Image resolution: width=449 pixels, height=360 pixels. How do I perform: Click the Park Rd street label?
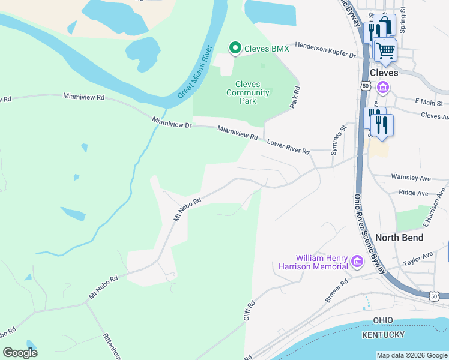click(295, 97)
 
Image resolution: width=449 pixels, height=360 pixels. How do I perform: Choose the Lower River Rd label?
click(288, 148)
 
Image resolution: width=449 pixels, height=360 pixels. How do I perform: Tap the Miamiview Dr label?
click(172, 123)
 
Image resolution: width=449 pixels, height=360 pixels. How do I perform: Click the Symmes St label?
click(336, 140)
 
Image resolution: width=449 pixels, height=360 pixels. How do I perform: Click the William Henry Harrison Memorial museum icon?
click(357, 262)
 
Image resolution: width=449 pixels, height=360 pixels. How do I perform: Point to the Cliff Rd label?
click(250, 310)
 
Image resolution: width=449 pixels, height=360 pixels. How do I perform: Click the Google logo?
click(20, 352)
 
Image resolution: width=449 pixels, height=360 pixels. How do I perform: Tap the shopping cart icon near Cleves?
click(385, 50)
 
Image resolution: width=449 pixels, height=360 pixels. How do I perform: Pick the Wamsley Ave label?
click(411, 178)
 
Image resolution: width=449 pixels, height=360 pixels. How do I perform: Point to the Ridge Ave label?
click(414, 193)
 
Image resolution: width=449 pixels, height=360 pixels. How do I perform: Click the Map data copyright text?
click(411, 355)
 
